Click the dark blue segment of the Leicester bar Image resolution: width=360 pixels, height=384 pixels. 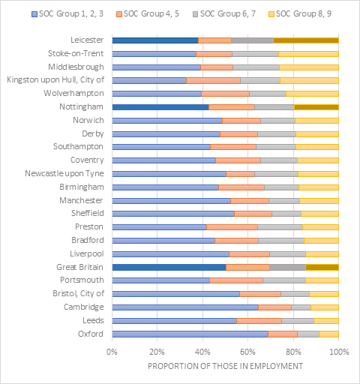click(x=155, y=40)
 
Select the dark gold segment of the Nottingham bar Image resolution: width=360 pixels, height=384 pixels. click(x=316, y=107)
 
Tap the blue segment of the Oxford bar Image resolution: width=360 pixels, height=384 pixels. click(x=190, y=334)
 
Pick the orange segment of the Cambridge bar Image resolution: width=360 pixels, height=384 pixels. click(x=274, y=307)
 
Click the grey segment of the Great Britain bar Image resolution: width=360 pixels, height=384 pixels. click(x=287, y=267)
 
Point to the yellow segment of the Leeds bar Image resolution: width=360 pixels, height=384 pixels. click(x=326, y=321)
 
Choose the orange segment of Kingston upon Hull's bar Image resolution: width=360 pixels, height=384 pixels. click(x=213, y=80)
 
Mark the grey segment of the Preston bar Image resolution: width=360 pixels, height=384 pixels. click(x=280, y=227)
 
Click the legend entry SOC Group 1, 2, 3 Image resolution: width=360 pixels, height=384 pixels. click(x=67, y=13)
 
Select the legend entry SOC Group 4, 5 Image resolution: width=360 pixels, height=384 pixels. click(x=148, y=13)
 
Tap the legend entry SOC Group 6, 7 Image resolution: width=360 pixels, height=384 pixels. click(x=224, y=13)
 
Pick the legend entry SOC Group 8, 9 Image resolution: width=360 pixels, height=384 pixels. click(x=300, y=13)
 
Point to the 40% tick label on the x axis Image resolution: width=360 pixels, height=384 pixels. click(x=202, y=352)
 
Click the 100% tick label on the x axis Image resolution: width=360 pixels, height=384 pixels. click(x=339, y=352)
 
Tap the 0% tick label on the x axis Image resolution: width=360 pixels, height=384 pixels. click(x=112, y=352)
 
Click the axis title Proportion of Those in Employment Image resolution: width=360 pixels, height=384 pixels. click(x=225, y=366)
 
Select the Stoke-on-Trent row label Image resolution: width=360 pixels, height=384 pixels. click(x=76, y=53)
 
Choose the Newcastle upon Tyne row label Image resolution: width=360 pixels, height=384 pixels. click(x=64, y=173)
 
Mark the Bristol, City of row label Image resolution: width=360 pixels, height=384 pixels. click(x=78, y=293)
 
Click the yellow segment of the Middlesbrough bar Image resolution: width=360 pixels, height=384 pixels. click(x=309, y=67)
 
